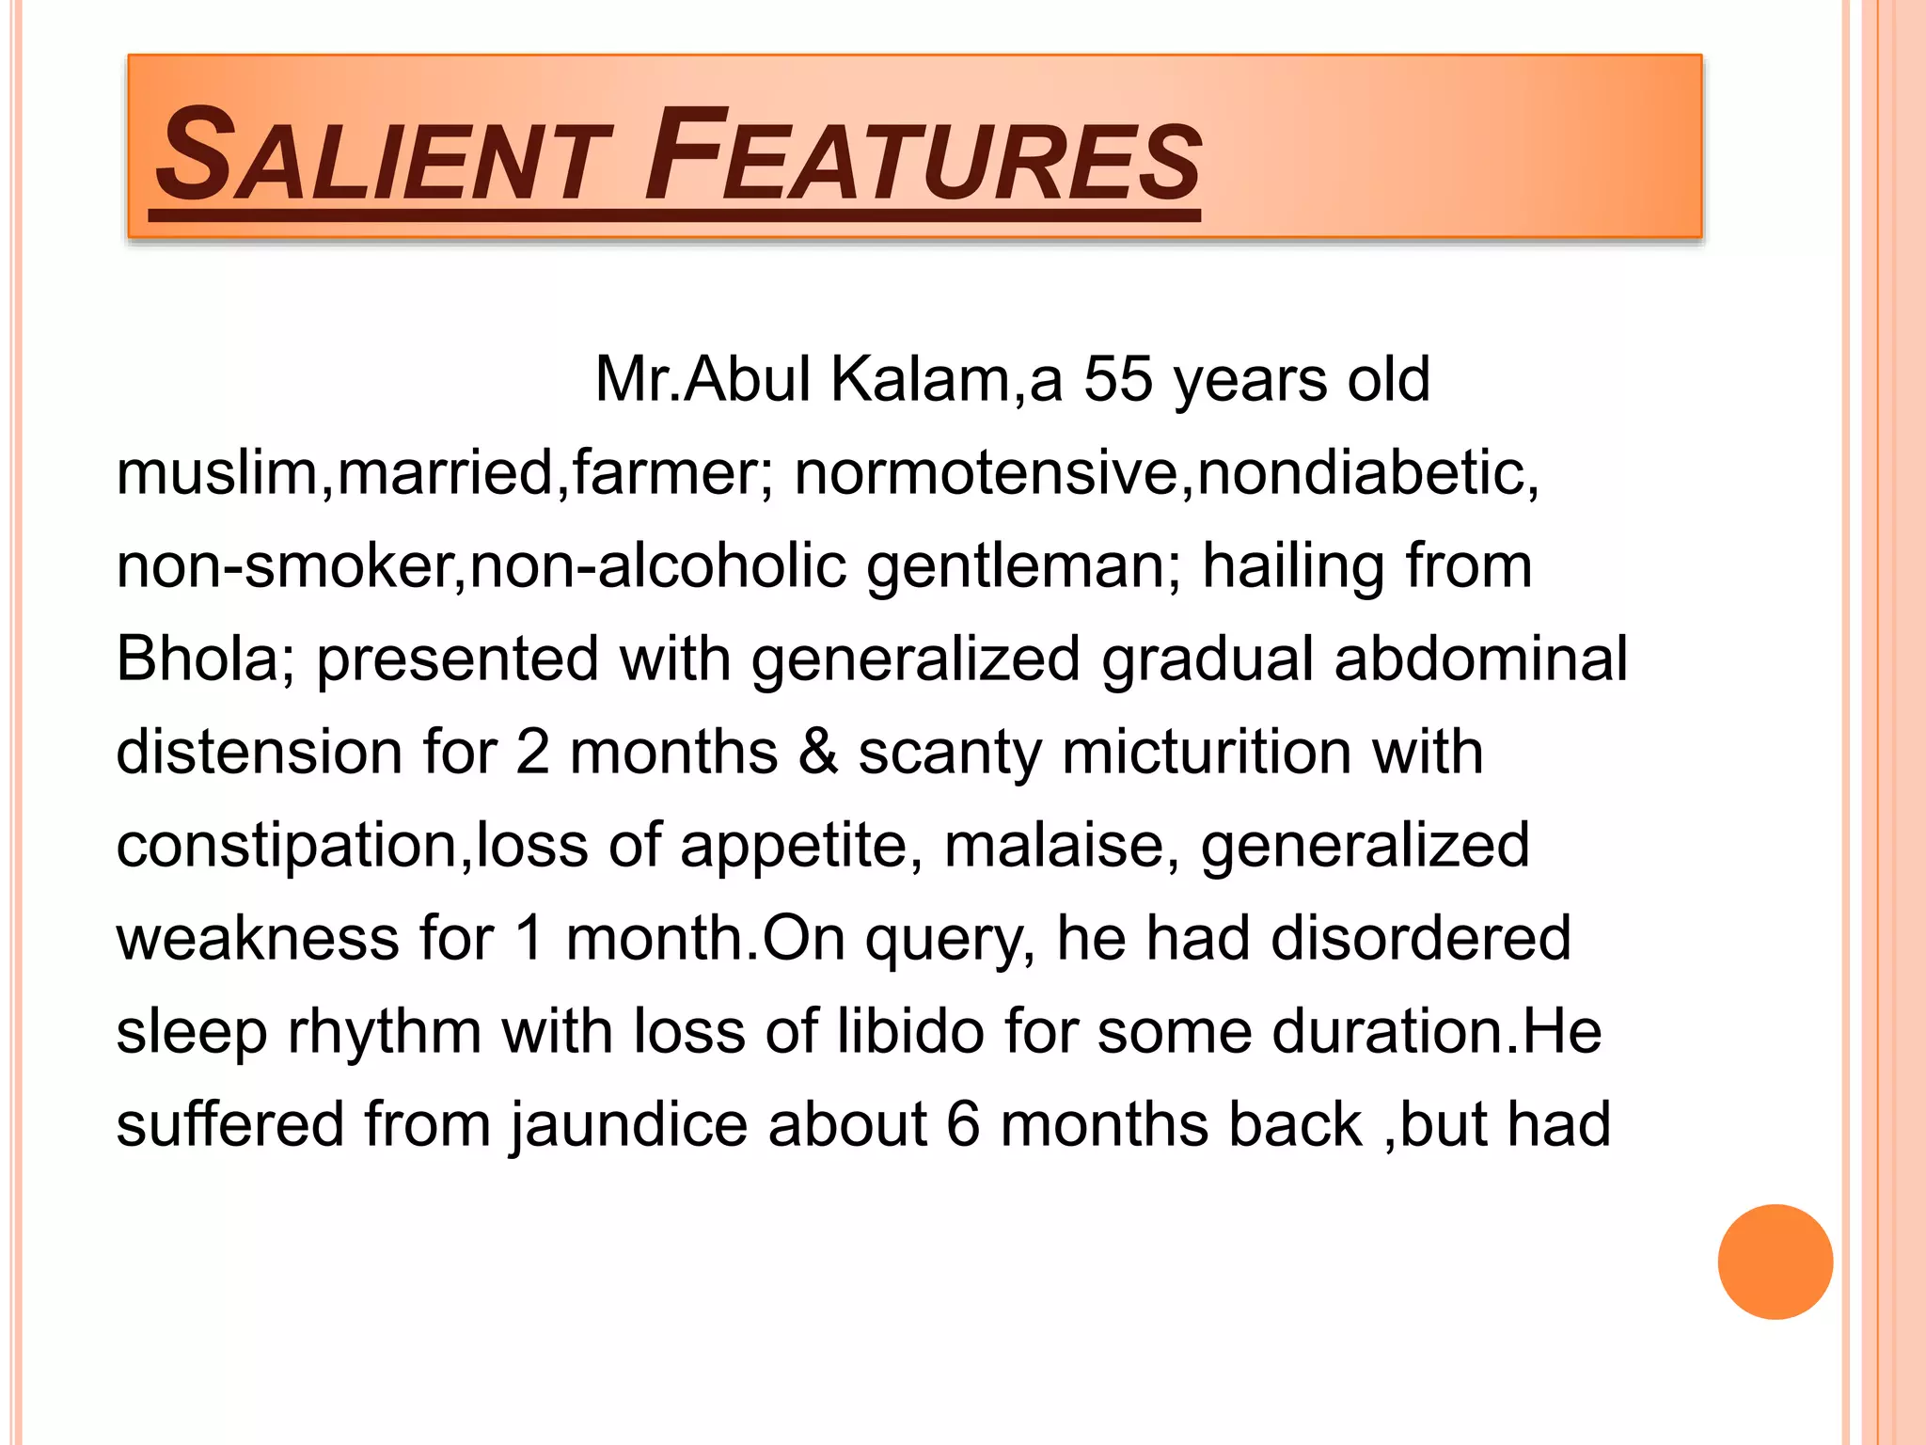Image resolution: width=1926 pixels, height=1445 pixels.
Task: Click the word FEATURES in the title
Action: click(x=922, y=156)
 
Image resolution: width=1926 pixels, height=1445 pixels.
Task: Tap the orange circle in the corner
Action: click(x=1775, y=1262)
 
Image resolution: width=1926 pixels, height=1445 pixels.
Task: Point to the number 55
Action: click(x=1118, y=380)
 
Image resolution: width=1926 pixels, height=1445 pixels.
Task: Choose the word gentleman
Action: click(x=1016, y=566)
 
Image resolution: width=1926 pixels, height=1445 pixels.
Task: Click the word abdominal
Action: click(x=1480, y=659)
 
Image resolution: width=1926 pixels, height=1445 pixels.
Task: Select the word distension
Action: click(x=260, y=753)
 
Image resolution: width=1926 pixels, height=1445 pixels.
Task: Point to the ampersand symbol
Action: click(x=817, y=753)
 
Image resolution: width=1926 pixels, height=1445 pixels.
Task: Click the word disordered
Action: click(x=1420, y=939)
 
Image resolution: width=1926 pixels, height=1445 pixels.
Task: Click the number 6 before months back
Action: click(x=963, y=1125)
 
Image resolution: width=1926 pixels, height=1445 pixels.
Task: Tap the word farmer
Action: click(x=671, y=472)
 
